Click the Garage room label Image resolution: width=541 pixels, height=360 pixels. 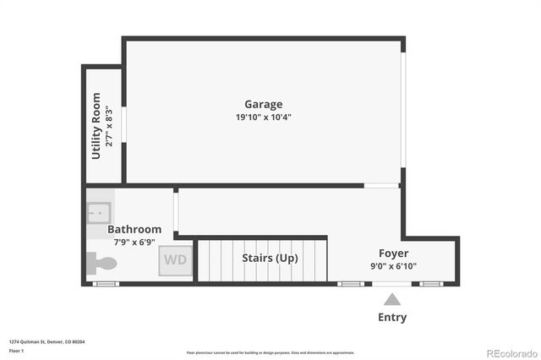[x=265, y=105]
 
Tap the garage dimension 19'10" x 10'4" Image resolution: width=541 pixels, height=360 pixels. [x=264, y=117]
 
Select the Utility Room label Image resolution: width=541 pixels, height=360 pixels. [x=96, y=126]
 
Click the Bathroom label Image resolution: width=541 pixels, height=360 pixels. [x=134, y=229]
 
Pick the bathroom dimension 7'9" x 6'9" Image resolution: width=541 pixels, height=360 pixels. [x=134, y=242]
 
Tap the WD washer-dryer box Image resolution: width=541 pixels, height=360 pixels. [x=176, y=259]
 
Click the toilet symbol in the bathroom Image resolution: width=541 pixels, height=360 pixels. [x=101, y=264]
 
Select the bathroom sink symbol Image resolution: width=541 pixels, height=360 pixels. [x=98, y=213]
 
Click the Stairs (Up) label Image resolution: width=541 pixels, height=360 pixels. [x=270, y=258]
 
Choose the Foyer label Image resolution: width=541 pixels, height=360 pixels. [x=393, y=254]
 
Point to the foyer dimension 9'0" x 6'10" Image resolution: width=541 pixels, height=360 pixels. [x=392, y=266]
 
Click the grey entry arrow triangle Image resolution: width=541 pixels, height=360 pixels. [x=391, y=298]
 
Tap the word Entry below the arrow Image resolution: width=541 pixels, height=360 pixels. [x=391, y=318]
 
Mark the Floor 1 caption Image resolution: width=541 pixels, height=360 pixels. [x=16, y=350]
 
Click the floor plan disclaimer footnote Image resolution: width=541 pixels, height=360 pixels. [x=270, y=352]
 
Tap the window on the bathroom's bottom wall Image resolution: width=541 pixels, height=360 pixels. [x=106, y=284]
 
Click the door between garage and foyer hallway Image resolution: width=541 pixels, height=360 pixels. [x=381, y=185]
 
